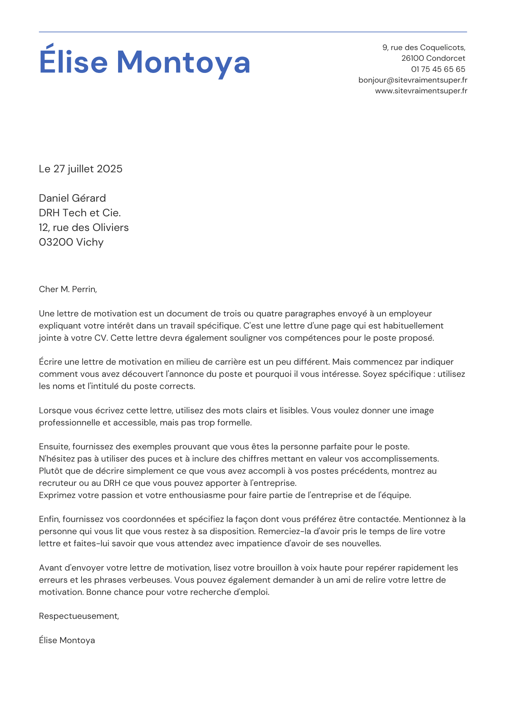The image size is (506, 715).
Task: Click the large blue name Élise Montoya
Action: tap(145, 62)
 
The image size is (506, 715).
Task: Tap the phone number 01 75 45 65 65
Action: tap(438, 69)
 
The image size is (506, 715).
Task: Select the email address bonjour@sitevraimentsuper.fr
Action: tap(413, 80)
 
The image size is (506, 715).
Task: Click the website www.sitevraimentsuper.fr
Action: tap(421, 91)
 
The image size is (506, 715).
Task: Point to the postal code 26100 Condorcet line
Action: tap(433, 58)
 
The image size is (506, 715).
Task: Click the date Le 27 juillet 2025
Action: tap(81, 169)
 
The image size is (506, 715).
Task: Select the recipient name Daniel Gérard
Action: tap(72, 198)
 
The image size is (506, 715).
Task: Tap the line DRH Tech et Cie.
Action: tap(80, 213)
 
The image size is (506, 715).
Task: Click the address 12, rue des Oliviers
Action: tap(84, 227)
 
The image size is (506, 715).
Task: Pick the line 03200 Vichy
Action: tap(71, 242)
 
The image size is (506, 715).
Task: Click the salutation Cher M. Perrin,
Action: tap(68, 289)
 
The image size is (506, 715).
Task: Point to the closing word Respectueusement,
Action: tap(79, 616)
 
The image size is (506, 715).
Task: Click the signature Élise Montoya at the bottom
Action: tap(67, 640)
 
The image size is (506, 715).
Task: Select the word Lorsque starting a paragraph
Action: tap(54, 410)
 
